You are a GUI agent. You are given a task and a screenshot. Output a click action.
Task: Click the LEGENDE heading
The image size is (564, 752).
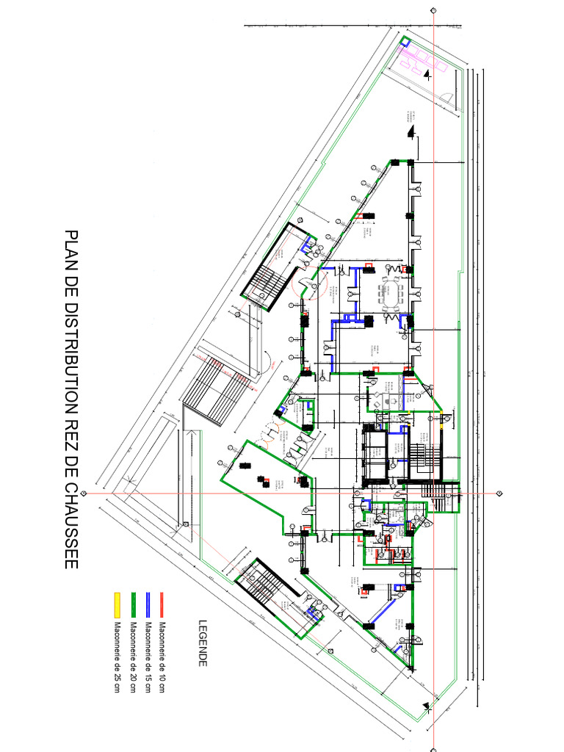pyautogui.click(x=203, y=643)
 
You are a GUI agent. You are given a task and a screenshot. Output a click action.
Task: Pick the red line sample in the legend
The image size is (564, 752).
pyautogui.click(x=164, y=601)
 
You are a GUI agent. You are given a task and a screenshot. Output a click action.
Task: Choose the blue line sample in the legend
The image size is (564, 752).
pyautogui.click(x=148, y=601)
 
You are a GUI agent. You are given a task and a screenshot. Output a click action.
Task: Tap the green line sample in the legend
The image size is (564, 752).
pyautogui.click(x=132, y=601)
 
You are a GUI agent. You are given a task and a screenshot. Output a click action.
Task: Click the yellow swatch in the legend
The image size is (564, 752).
pyautogui.click(x=116, y=601)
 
